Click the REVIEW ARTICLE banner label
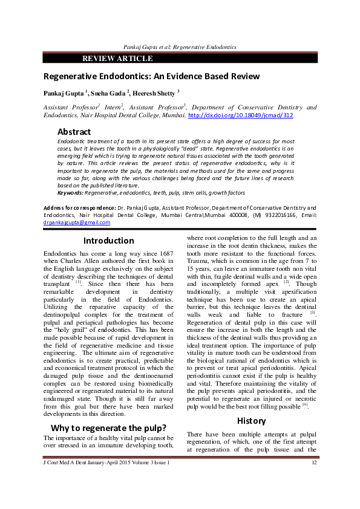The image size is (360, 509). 117,59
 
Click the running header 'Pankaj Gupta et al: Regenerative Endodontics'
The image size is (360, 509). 180,47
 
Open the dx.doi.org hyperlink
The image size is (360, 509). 241,114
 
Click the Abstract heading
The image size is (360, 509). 74,132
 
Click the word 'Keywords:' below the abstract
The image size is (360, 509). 70,192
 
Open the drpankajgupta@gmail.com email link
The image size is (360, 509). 76,222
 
